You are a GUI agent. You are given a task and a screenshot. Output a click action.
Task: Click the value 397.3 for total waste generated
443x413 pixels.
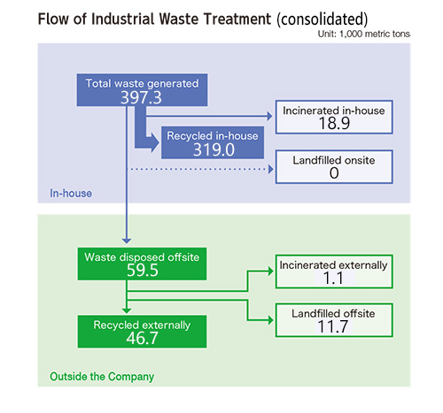point(141,97)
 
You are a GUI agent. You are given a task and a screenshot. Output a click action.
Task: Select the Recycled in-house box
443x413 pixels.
point(213,142)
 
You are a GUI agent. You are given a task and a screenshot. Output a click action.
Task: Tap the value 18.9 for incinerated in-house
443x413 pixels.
point(334,123)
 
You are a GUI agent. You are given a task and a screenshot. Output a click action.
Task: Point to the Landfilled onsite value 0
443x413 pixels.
point(334,173)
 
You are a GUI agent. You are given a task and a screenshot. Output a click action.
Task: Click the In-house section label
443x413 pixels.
point(71,194)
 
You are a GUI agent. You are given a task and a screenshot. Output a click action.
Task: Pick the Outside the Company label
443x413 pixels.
point(102,377)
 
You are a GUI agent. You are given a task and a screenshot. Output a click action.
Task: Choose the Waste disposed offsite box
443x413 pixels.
point(142,264)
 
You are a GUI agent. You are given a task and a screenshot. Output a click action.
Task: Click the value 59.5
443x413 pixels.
point(143,271)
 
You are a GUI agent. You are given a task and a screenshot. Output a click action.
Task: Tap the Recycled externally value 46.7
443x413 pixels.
point(142,338)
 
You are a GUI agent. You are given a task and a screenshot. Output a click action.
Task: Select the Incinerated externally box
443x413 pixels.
point(334,272)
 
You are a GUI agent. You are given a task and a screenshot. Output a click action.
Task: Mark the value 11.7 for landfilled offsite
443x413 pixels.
point(333,326)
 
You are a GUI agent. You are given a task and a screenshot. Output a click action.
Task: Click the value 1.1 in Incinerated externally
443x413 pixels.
point(333,279)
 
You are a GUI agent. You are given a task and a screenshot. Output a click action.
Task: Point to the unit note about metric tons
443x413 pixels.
point(364,34)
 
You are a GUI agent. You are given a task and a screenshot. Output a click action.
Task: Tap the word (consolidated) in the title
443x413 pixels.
point(323,19)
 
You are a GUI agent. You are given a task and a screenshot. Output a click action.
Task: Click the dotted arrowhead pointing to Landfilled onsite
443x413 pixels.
point(270,169)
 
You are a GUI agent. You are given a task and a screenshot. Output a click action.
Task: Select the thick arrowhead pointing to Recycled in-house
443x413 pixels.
point(155,143)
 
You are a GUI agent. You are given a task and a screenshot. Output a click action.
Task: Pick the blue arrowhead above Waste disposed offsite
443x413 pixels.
point(127,241)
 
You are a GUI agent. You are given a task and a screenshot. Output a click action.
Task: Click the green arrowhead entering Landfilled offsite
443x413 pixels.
point(270,320)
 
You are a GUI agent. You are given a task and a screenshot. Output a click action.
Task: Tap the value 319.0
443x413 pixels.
point(214,149)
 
